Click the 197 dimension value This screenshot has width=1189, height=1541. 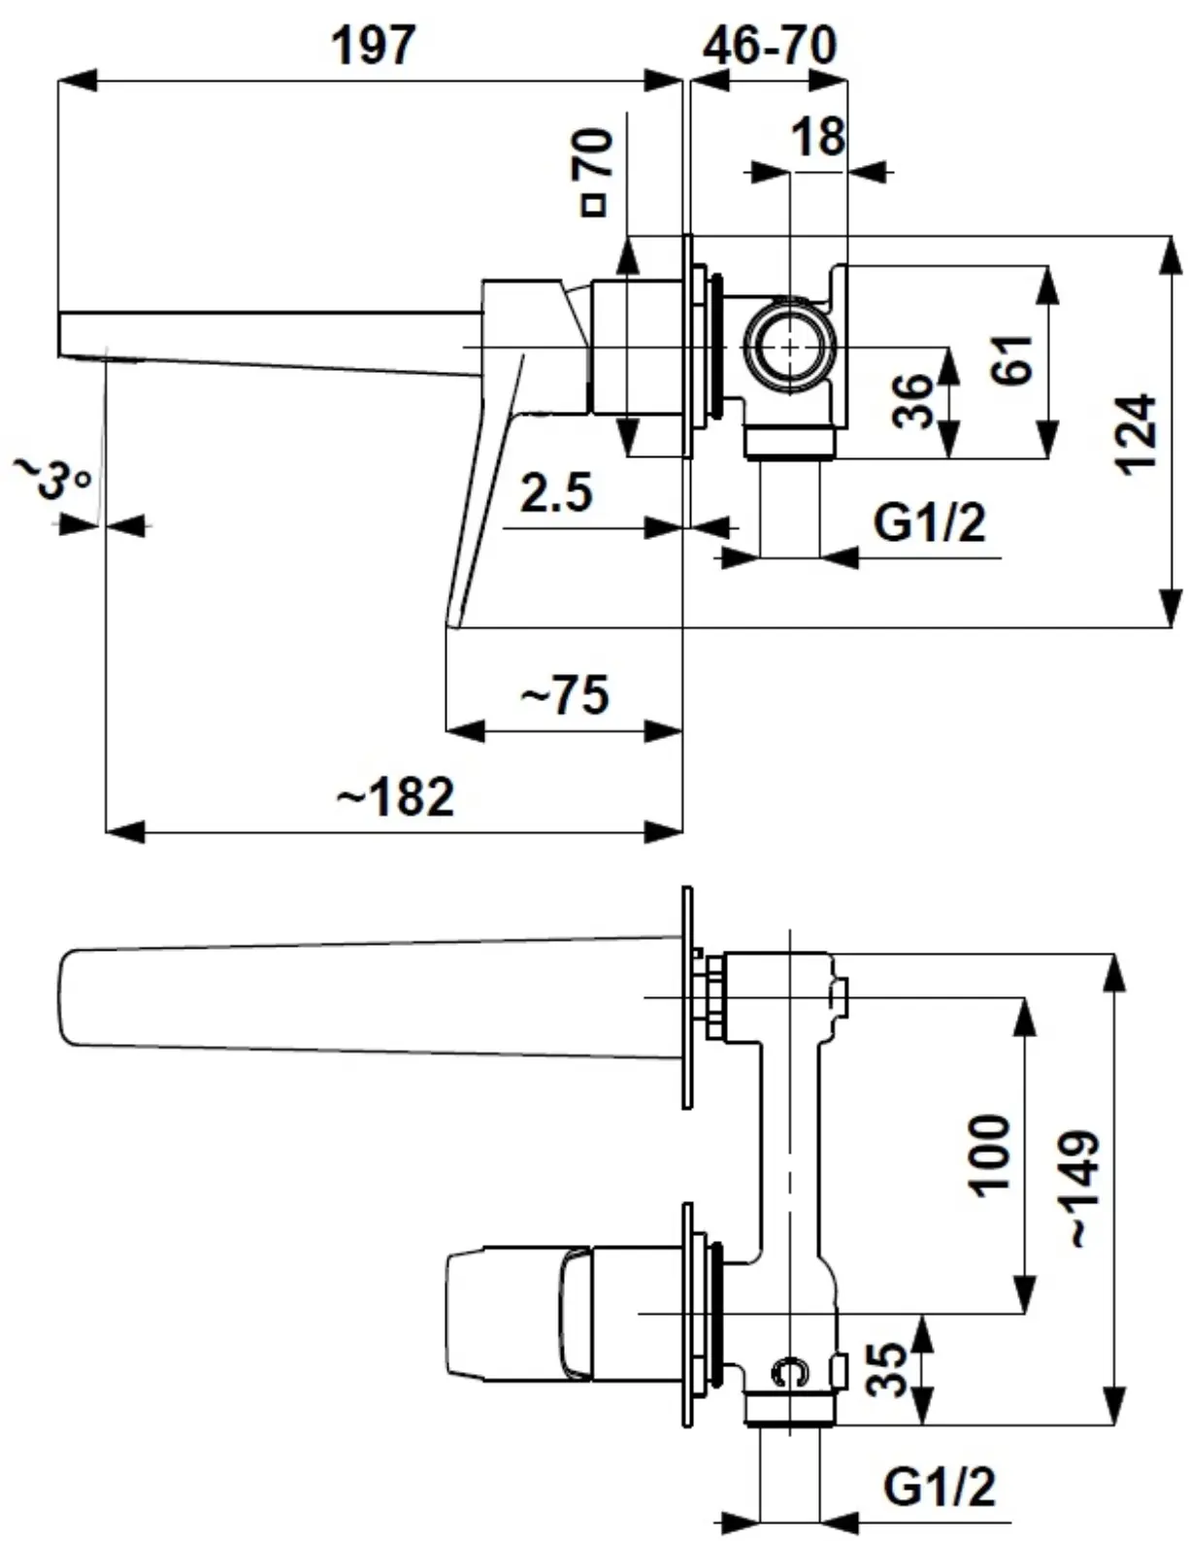pos(374,46)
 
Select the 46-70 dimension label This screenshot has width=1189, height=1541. pos(770,46)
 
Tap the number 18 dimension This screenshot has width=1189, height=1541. pos(818,137)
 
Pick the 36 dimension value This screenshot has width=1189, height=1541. pos(912,399)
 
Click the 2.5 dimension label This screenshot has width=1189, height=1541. pos(556,492)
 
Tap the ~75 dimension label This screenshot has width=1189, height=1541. pos(565,695)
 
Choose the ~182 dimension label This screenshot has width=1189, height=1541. pos(396,797)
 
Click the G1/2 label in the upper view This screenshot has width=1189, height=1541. pos(929,522)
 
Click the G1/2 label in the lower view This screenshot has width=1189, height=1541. pos(939,1486)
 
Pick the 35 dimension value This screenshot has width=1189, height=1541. pos(886,1368)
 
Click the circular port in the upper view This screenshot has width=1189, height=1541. pos(790,346)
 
